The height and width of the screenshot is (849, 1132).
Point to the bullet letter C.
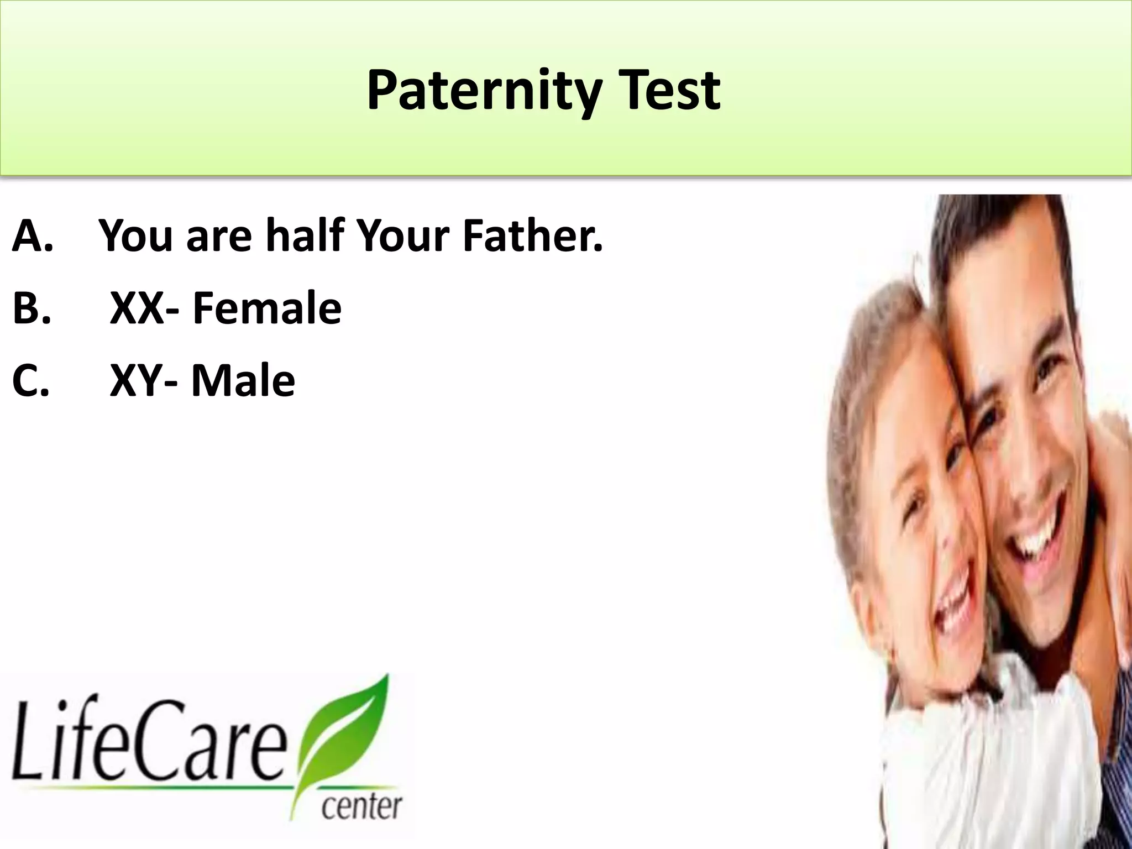[x=31, y=381]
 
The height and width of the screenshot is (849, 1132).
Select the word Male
[x=243, y=381]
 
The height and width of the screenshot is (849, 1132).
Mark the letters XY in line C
[x=136, y=381]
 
